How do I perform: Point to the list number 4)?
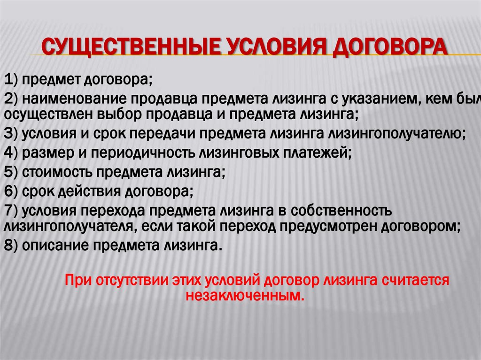[10, 153]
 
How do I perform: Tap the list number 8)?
[10, 245]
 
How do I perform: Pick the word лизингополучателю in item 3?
[402, 133]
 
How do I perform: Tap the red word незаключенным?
[245, 296]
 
